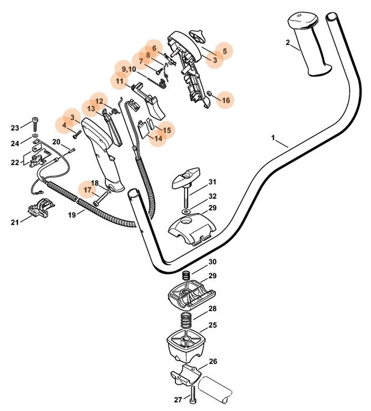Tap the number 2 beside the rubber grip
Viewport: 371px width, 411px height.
[288, 42]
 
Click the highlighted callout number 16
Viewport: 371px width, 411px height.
[225, 100]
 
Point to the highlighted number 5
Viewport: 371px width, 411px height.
[224, 52]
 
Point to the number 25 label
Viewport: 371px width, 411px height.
[213, 325]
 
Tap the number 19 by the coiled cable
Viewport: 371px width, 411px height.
[72, 213]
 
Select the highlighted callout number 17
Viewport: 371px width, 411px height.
[88, 190]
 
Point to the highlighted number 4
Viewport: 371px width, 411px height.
[64, 125]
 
